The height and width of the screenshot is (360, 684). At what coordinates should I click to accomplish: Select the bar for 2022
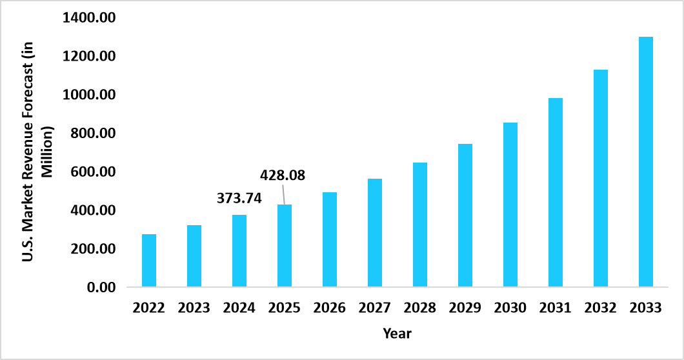click(x=149, y=261)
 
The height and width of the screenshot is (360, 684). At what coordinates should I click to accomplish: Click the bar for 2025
click(x=285, y=246)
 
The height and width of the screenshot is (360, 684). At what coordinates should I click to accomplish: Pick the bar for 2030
click(x=510, y=205)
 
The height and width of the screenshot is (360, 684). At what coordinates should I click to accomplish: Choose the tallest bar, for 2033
click(x=646, y=162)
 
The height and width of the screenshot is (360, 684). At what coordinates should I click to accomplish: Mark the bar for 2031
click(x=556, y=192)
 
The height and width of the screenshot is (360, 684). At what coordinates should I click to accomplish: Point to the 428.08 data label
click(x=283, y=175)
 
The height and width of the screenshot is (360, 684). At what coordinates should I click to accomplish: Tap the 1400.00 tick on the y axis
click(x=88, y=18)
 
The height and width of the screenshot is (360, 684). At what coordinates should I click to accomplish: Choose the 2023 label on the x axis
click(x=194, y=308)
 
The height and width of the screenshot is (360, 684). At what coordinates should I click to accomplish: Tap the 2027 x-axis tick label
click(x=375, y=308)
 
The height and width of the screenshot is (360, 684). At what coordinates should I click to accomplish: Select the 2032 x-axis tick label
click(x=601, y=308)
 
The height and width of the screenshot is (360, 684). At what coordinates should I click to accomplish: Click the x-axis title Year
click(x=397, y=334)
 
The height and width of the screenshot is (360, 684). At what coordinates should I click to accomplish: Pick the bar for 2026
click(x=330, y=239)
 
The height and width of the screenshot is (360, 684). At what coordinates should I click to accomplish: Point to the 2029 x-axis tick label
click(x=465, y=308)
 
